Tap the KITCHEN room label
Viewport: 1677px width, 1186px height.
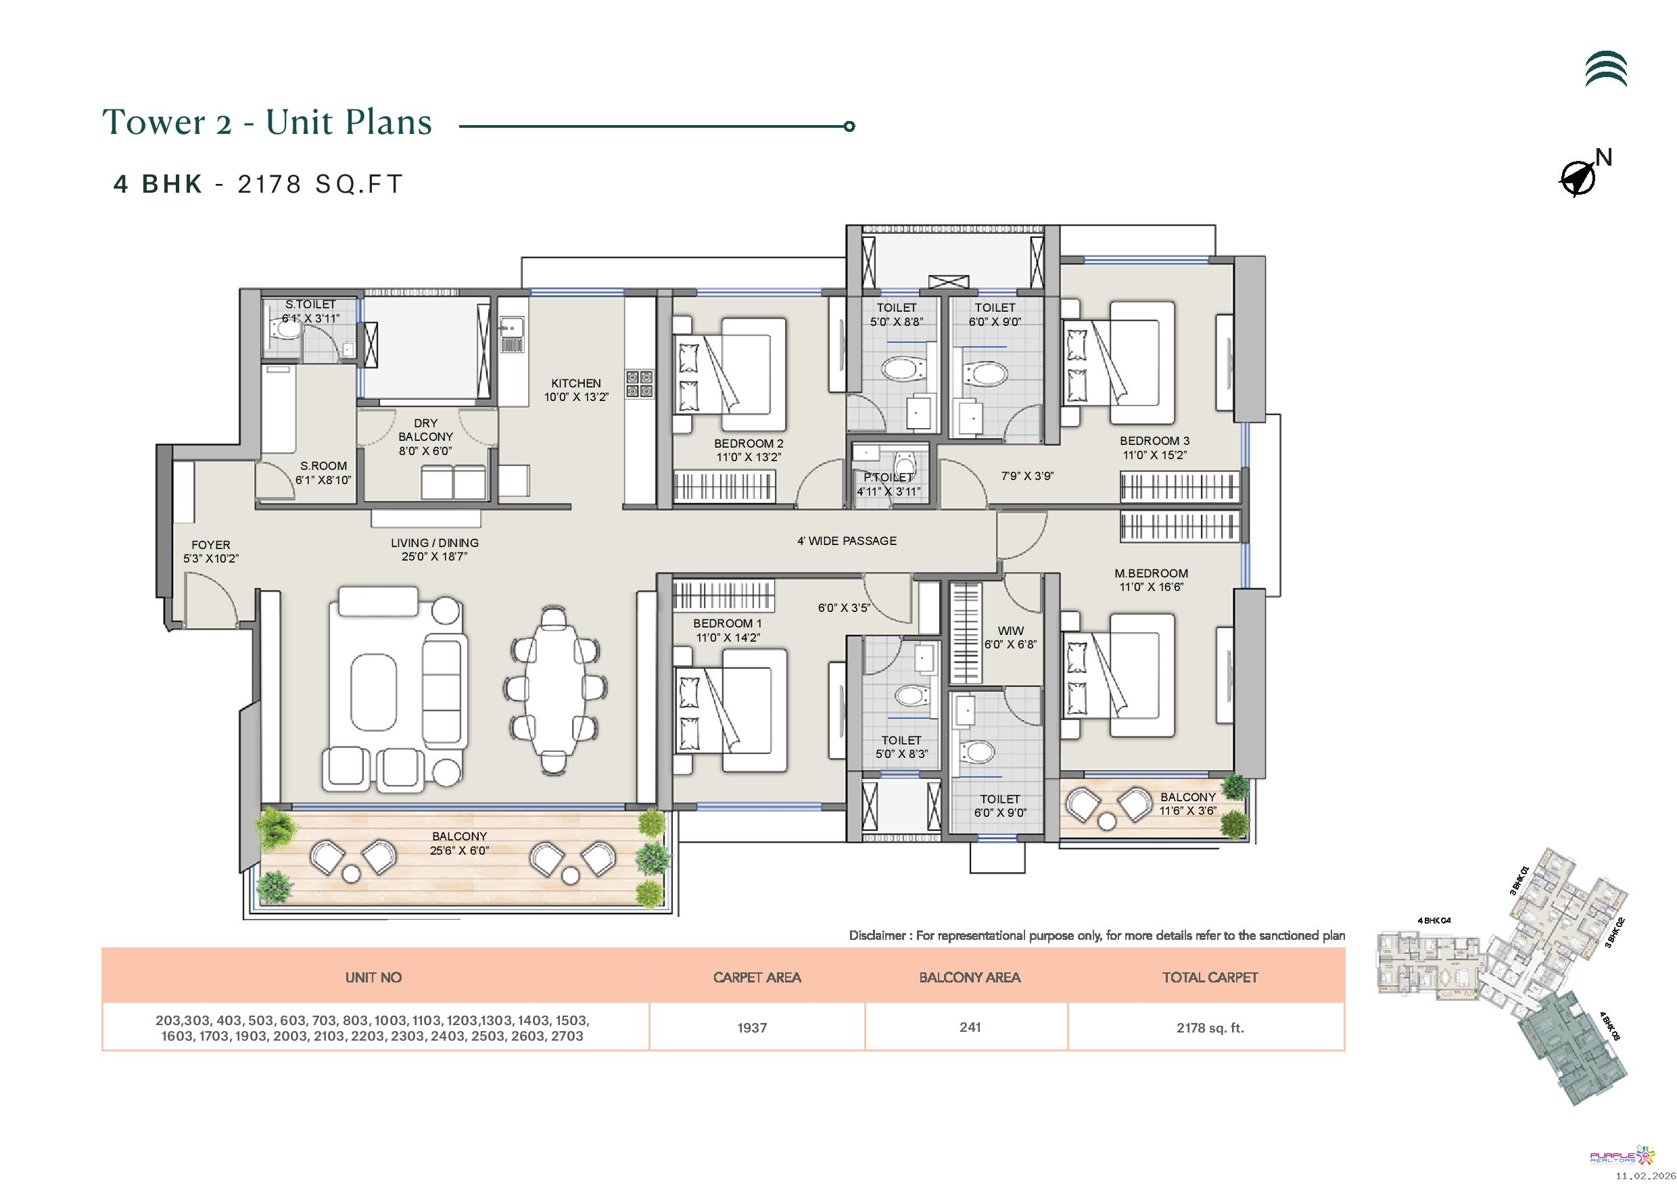(575, 383)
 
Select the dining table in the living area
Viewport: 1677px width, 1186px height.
(554, 690)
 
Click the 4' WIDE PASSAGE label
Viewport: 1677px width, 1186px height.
(847, 541)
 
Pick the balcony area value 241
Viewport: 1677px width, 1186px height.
(970, 1027)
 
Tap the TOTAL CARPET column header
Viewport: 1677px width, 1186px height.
(1210, 977)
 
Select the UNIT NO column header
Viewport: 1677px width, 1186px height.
(373, 977)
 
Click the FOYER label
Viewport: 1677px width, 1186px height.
(210, 545)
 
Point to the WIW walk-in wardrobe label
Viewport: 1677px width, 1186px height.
(1010, 631)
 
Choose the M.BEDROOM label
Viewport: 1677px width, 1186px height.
(1151, 573)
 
